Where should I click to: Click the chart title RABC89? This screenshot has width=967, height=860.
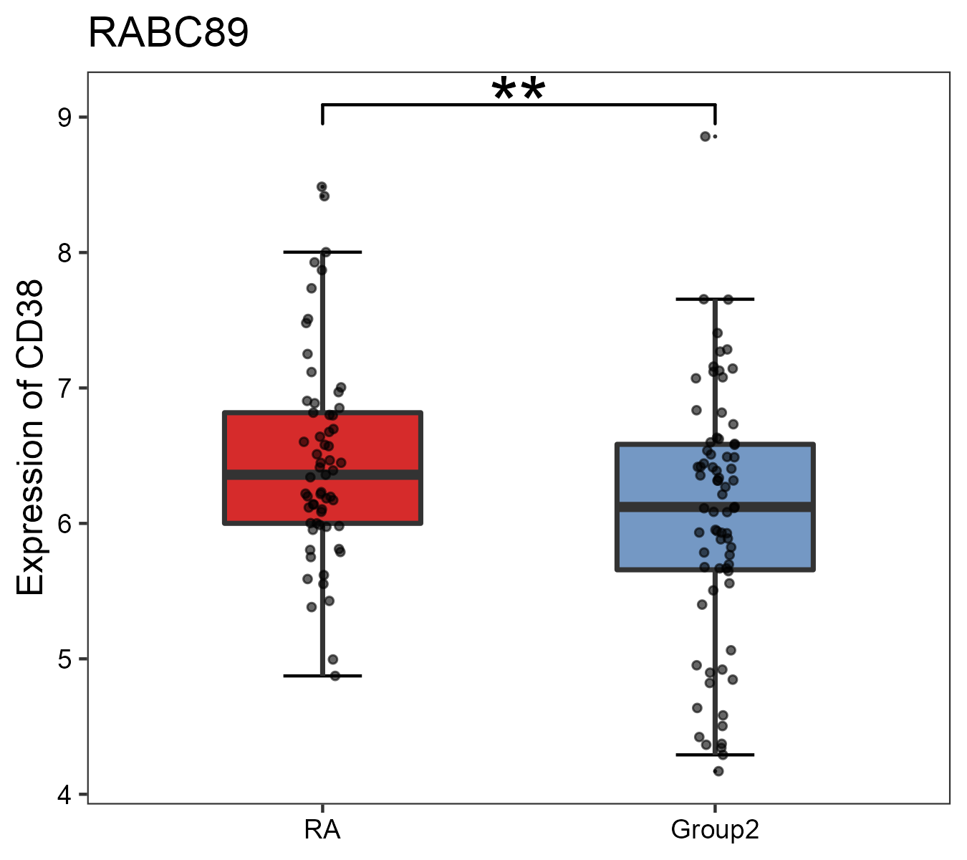click(x=168, y=33)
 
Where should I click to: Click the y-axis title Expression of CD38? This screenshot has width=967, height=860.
click(x=30, y=437)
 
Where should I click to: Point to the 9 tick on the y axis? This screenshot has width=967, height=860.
click(x=65, y=118)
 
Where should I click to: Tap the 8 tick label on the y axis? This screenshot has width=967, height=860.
click(x=65, y=253)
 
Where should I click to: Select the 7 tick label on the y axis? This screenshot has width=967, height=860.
click(x=65, y=388)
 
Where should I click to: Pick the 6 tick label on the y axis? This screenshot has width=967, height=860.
click(x=65, y=524)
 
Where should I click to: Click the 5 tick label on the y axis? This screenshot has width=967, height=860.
click(x=65, y=659)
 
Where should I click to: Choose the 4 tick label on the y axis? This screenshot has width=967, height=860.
click(x=65, y=794)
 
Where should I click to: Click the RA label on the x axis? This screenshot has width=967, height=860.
click(x=322, y=830)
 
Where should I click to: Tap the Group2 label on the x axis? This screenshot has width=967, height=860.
click(x=715, y=830)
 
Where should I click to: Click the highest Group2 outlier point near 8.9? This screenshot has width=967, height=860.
click(x=706, y=136)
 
